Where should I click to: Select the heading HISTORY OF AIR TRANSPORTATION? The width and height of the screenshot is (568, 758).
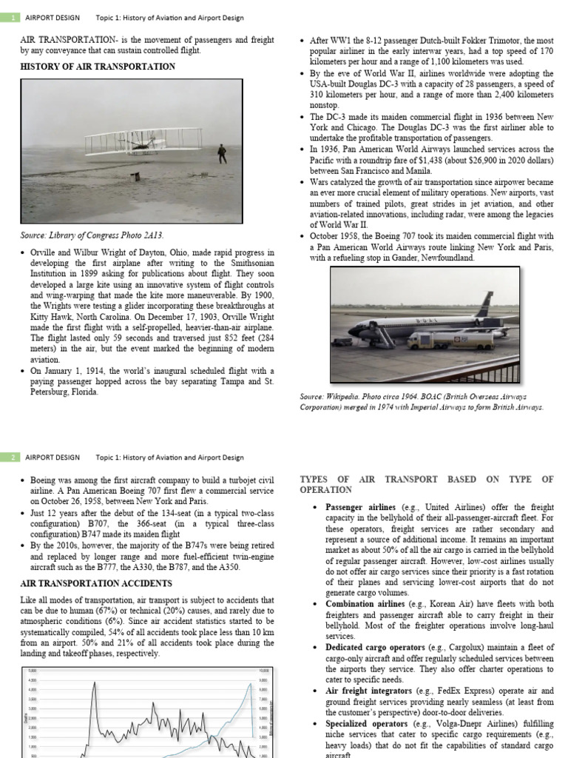(x=98, y=67)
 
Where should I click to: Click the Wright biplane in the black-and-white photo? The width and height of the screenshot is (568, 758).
(x=144, y=141)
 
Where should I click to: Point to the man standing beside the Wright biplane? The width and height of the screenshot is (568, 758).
(x=220, y=152)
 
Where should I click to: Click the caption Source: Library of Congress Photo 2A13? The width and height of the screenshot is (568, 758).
(x=92, y=235)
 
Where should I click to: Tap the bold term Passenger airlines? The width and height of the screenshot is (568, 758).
(x=360, y=507)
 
